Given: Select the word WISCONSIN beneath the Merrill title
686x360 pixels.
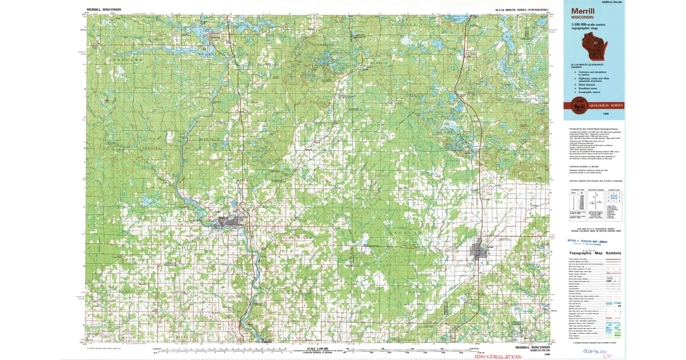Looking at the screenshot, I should [x=582, y=17].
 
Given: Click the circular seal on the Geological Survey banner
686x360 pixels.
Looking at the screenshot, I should [x=574, y=105].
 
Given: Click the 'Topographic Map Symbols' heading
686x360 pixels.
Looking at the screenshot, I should [x=595, y=253].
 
